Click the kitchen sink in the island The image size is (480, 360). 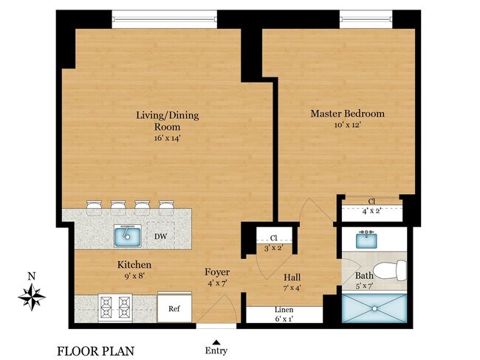[x=128, y=236]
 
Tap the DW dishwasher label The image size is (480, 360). [x=160, y=238]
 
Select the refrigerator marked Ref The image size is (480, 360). [x=175, y=309]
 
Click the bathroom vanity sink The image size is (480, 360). [x=367, y=239]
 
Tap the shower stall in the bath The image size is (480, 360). [x=375, y=310]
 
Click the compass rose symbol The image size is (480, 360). [x=31, y=297]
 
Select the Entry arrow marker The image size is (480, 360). [x=216, y=342]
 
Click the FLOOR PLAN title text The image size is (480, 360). [x=95, y=350]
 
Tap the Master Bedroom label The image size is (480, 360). [x=347, y=114]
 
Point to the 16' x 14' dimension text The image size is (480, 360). [x=167, y=137]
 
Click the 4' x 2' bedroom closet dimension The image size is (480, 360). [x=371, y=210]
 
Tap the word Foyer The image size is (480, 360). [x=216, y=272]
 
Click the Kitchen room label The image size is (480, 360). [x=134, y=264]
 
